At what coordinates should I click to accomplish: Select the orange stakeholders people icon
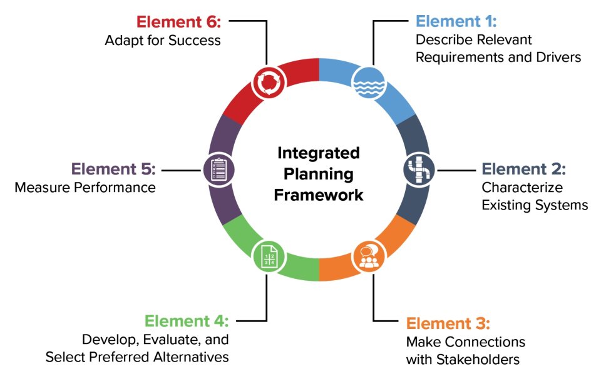369,256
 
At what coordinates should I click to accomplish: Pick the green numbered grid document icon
269,256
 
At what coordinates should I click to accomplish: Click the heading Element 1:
456,21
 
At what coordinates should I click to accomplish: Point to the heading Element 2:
523,169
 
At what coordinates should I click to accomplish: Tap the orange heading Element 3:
448,323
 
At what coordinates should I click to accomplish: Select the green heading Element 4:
187,321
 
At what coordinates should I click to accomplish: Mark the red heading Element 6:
178,21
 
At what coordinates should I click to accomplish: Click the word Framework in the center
319,195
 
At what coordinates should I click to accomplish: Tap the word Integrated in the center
319,153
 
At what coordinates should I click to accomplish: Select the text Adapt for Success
163,41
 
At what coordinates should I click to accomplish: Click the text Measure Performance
85,188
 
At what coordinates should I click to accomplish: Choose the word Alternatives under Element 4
187,357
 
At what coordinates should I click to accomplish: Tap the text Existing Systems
535,205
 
